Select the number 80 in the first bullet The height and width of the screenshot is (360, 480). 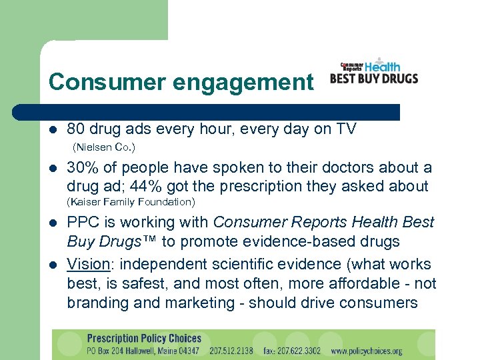[x=77, y=129]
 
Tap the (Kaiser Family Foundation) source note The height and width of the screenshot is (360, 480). [x=131, y=202]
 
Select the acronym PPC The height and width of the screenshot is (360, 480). [x=83, y=222]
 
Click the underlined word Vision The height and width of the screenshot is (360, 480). [x=88, y=265]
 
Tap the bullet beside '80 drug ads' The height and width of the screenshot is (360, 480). [x=53, y=129]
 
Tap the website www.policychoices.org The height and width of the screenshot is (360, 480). [x=367, y=351]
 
